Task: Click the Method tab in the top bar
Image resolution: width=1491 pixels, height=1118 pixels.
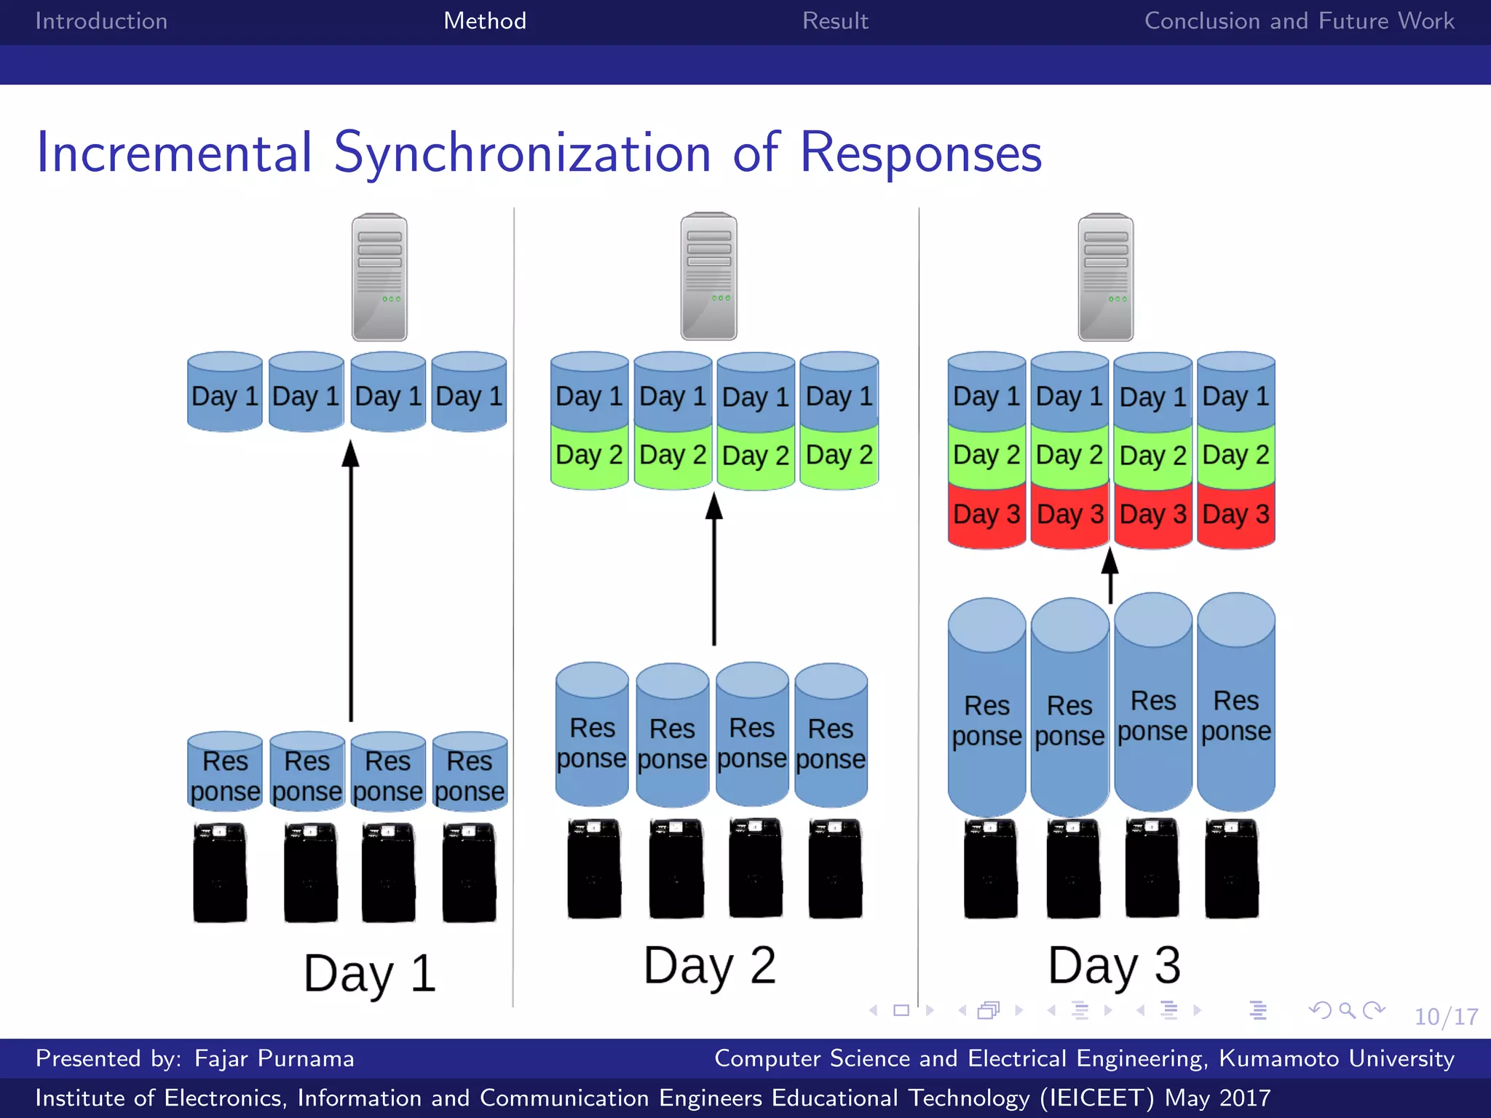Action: click(485, 21)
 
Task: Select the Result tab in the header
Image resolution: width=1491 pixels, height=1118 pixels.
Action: click(835, 21)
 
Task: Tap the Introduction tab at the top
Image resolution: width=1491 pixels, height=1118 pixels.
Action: click(101, 21)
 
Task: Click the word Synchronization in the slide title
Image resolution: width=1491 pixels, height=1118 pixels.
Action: click(522, 153)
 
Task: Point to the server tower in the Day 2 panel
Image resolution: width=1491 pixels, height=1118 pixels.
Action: click(708, 277)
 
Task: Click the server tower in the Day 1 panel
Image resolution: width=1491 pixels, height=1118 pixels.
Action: click(379, 277)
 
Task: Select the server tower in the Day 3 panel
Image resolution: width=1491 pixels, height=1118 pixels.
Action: click(1105, 277)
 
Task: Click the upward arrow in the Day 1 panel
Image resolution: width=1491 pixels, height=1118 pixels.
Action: click(351, 582)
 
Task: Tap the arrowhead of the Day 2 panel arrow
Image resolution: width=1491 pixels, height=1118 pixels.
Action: click(714, 506)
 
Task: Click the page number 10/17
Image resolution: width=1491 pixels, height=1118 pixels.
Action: click(1446, 1016)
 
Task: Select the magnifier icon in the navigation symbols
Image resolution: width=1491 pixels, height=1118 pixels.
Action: click(1347, 1010)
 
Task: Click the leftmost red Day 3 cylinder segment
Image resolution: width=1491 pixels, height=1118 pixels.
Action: click(986, 515)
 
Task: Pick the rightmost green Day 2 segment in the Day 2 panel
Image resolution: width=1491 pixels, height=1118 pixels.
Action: click(839, 456)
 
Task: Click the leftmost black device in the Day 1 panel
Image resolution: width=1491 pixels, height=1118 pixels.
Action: click(220, 873)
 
